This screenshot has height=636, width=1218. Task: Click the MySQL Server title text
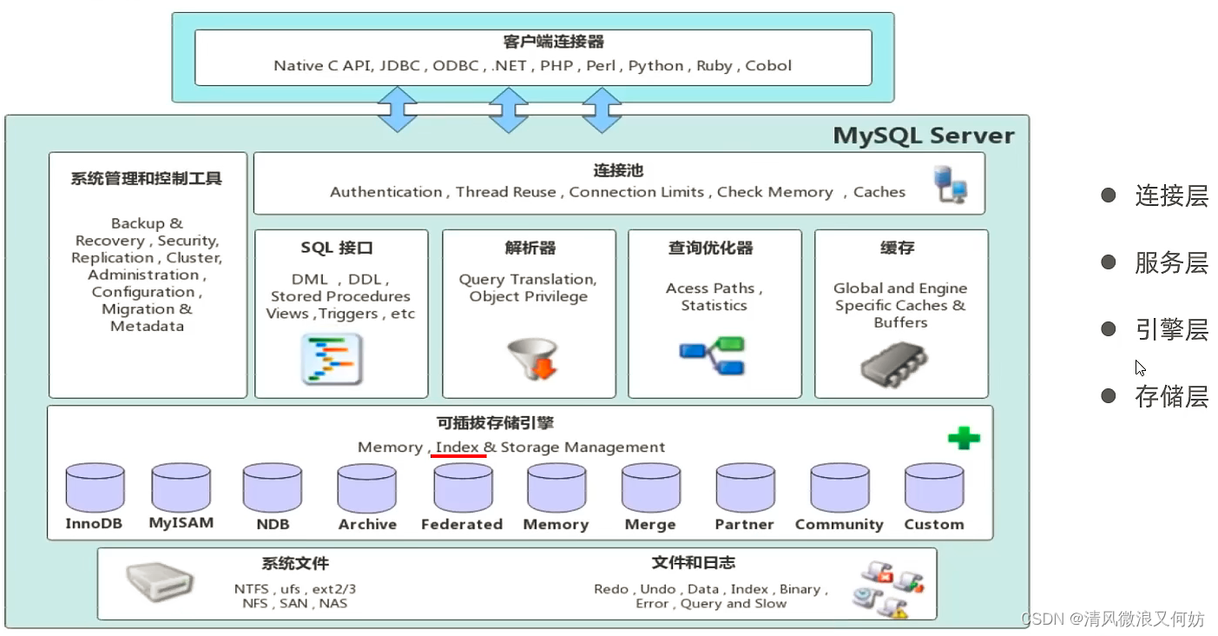(x=923, y=136)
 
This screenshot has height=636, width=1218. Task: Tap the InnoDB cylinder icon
(x=95, y=488)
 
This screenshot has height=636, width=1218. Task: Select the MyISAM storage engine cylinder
(x=181, y=488)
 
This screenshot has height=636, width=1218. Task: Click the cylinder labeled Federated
(x=463, y=488)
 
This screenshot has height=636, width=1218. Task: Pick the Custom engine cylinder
(x=934, y=488)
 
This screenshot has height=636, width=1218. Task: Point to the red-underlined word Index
(x=458, y=447)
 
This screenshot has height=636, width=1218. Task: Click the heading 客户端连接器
(x=541, y=42)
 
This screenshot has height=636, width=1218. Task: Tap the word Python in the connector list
(x=655, y=66)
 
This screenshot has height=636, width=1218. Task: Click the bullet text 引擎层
(x=1171, y=330)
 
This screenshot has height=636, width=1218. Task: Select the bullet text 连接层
(x=1171, y=196)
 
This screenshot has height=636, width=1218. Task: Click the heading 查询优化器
(x=710, y=248)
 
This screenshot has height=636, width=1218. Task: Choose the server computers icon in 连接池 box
(x=950, y=185)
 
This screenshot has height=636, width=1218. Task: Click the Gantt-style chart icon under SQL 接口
(x=331, y=359)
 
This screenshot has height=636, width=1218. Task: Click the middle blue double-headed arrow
(x=509, y=109)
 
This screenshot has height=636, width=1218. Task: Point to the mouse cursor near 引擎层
(x=1140, y=367)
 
